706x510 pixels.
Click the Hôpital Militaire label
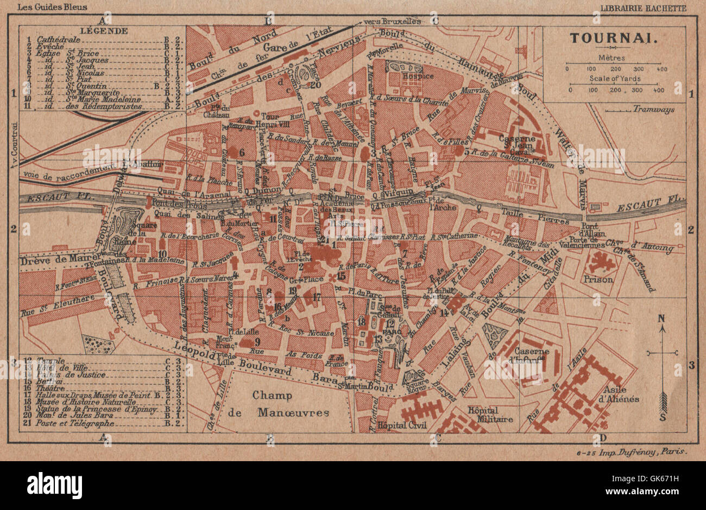[x=490, y=415]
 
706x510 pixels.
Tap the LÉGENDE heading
[x=96, y=31]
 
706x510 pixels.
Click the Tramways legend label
[x=654, y=109]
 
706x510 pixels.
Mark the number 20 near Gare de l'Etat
[x=316, y=84]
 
